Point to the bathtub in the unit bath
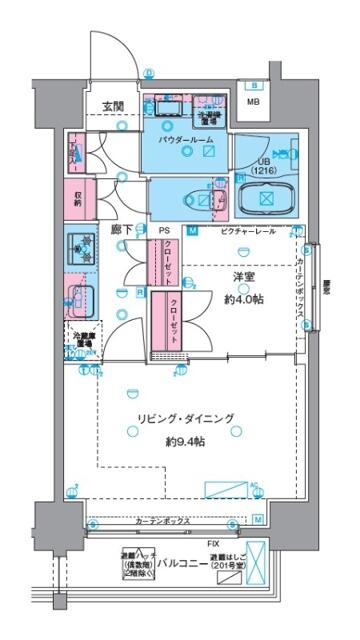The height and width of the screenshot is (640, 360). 266,196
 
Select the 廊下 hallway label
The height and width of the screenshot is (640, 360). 121,230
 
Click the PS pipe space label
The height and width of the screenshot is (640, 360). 162,230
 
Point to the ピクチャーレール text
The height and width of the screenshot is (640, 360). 242,231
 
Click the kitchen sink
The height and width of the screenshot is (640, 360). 81,297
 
